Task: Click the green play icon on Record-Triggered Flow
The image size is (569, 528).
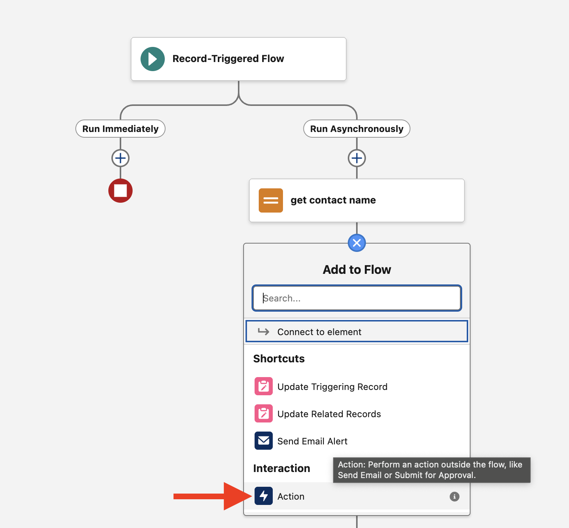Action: [152, 59]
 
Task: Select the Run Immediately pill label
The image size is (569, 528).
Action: [120, 129]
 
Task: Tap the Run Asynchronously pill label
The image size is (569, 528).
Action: [357, 129]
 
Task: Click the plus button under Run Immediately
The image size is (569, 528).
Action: [120, 158]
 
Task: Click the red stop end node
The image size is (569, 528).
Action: [120, 191]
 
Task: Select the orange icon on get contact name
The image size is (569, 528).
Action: [271, 200]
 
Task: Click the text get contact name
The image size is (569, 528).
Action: [333, 200]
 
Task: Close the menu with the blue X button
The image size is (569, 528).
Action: [357, 243]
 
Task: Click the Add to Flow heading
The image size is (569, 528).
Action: [357, 270]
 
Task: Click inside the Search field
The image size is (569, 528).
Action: [357, 298]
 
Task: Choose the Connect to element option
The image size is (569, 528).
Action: [357, 332]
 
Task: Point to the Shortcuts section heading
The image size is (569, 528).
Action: [279, 359]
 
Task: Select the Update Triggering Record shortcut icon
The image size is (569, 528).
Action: [264, 386]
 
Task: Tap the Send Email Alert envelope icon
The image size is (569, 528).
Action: [264, 441]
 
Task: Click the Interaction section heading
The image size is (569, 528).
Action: [281, 469]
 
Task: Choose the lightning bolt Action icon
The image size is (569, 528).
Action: [264, 496]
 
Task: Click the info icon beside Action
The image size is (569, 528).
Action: [454, 497]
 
